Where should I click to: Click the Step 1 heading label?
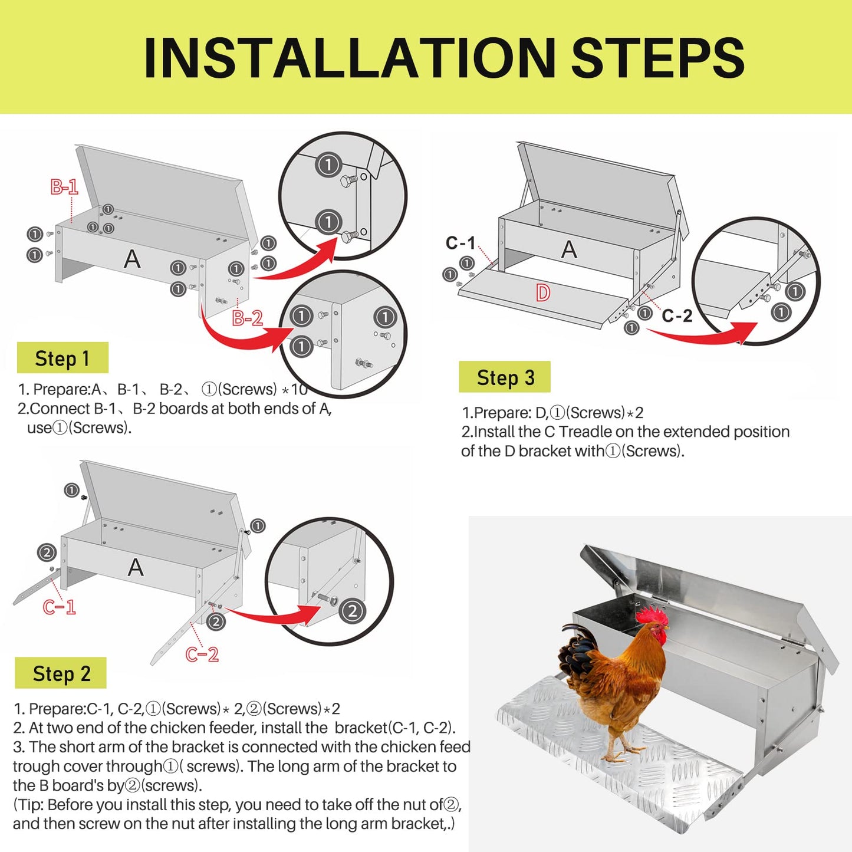[62, 358]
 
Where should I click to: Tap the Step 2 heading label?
[61, 673]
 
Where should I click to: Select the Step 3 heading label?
[505, 377]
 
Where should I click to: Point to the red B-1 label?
[64, 187]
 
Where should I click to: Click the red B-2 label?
[247, 318]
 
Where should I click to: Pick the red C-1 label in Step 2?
[59, 607]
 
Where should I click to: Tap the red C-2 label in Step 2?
[202, 654]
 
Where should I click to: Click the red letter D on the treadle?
[543, 292]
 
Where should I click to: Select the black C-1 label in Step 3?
[460, 243]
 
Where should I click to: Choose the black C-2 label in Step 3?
[677, 316]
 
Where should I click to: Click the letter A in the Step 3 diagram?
[569, 249]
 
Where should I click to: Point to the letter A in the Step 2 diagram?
[136, 567]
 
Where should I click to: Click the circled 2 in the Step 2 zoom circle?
[352, 611]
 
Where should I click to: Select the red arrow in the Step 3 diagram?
[702, 334]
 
